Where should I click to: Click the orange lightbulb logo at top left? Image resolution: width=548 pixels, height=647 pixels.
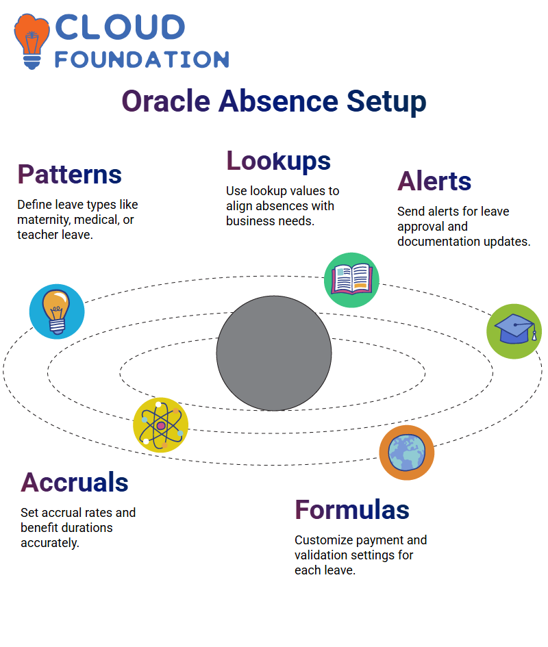pyautogui.click(x=32, y=41)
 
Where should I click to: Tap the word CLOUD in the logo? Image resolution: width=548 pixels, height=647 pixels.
pyautogui.click(x=120, y=27)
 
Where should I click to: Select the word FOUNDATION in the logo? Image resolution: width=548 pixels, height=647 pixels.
pyautogui.click(x=142, y=60)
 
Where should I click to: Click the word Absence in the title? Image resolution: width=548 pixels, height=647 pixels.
pyautogui.click(x=279, y=101)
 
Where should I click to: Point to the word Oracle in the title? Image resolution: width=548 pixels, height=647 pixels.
pyautogui.click(x=166, y=101)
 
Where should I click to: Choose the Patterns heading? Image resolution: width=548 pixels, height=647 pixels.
pyautogui.click(x=69, y=175)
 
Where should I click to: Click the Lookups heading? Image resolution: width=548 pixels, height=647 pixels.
pyautogui.click(x=278, y=162)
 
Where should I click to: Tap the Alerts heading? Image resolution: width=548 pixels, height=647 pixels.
pyautogui.click(x=434, y=181)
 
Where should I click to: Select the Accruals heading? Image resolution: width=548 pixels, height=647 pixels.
pyautogui.click(x=75, y=483)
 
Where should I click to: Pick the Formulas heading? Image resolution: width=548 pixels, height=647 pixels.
pyautogui.click(x=352, y=510)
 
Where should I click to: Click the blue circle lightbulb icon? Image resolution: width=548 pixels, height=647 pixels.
pyautogui.click(x=57, y=312)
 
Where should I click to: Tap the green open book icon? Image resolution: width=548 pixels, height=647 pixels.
pyautogui.click(x=351, y=280)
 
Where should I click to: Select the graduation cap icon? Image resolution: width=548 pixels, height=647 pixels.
pyautogui.click(x=514, y=331)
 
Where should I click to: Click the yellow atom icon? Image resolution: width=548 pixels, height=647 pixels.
pyautogui.click(x=161, y=425)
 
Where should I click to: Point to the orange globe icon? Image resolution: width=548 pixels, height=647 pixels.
pyautogui.click(x=407, y=453)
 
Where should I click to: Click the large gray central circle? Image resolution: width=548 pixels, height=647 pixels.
pyautogui.click(x=274, y=353)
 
